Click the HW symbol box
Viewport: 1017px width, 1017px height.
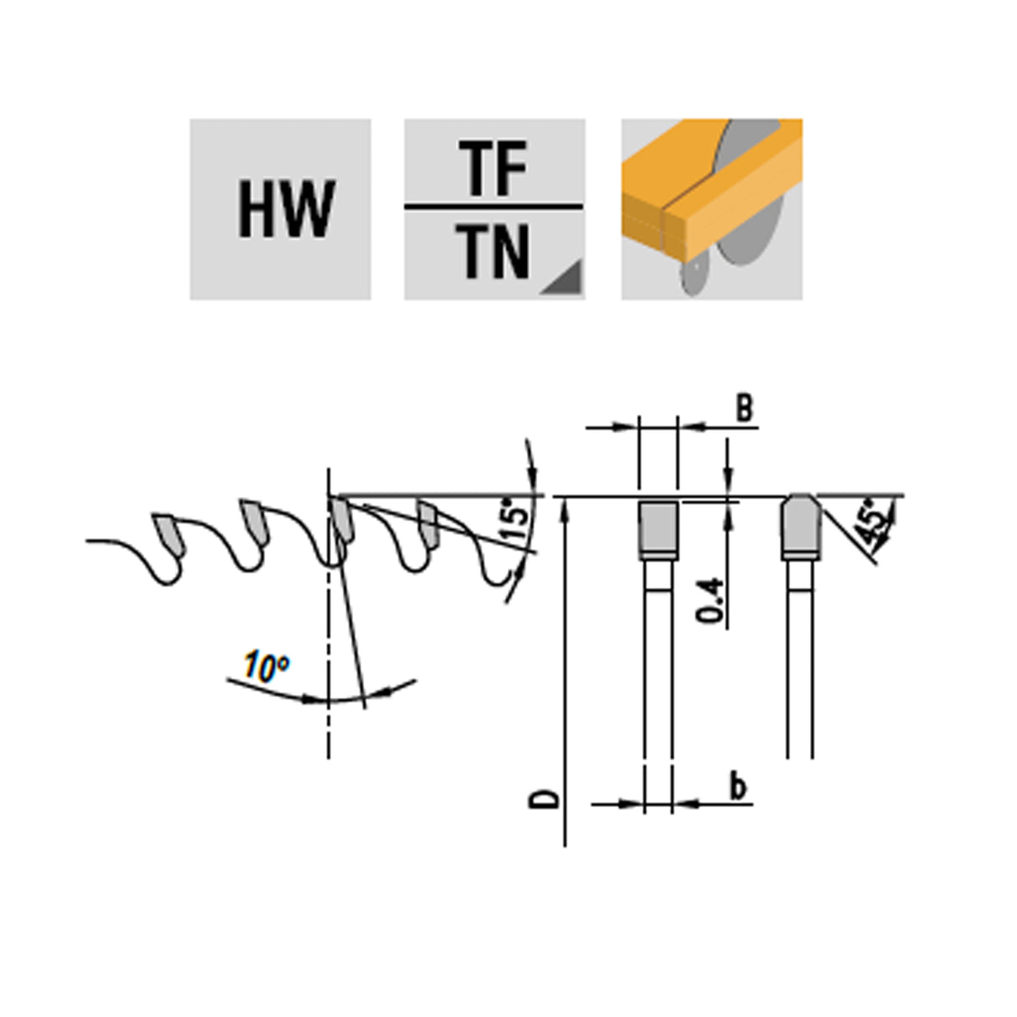click(x=281, y=209)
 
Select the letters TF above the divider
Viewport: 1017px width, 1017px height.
click(x=493, y=169)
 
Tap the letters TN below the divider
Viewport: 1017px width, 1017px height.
click(x=492, y=252)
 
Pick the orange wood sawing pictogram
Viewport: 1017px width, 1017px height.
click(x=711, y=209)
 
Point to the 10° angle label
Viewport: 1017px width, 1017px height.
click(x=266, y=668)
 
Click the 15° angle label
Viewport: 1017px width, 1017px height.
click(x=519, y=518)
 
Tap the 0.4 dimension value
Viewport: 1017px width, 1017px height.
click(x=710, y=601)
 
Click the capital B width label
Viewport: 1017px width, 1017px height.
click(x=744, y=409)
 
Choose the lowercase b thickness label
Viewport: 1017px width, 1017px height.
click(x=737, y=787)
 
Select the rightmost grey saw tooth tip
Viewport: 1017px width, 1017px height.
click(x=428, y=523)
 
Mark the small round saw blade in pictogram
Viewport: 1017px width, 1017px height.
click(x=694, y=274)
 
